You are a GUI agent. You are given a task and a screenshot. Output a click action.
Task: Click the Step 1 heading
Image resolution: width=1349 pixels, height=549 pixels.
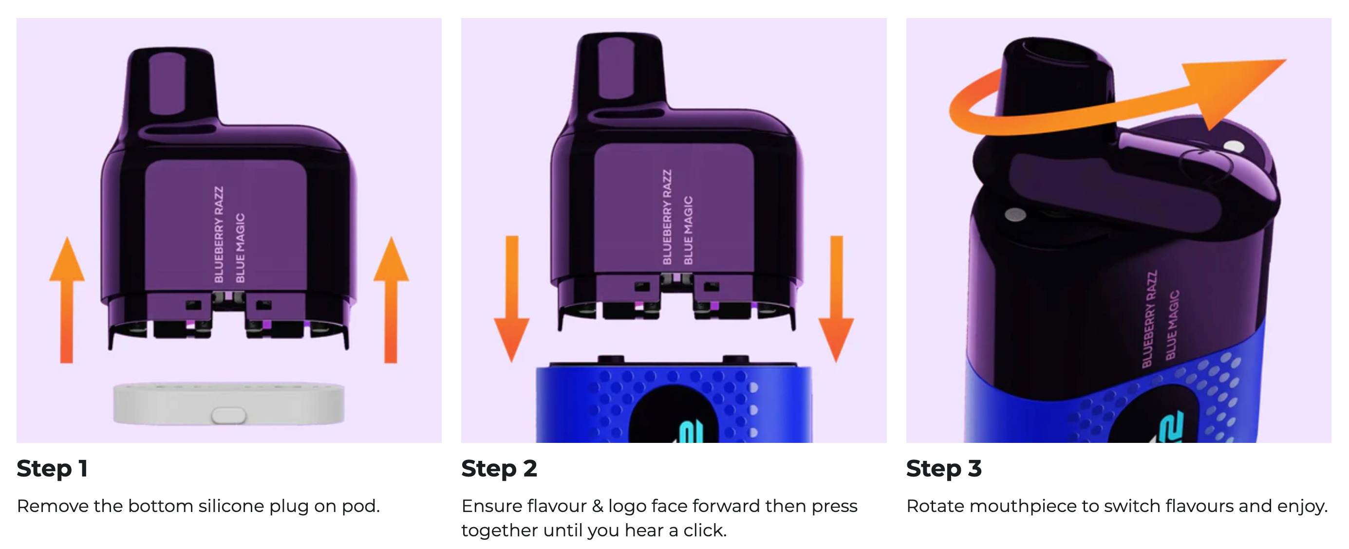point(52,468)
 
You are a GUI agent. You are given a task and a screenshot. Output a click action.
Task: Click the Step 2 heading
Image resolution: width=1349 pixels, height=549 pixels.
point(499,468)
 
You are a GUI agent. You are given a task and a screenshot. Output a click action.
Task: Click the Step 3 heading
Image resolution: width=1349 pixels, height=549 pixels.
point(944,468)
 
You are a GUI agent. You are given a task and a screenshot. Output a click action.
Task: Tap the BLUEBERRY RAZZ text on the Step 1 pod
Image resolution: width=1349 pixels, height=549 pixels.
point(219,234)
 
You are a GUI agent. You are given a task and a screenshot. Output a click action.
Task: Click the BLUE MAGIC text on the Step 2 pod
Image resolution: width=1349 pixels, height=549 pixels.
point(688,230)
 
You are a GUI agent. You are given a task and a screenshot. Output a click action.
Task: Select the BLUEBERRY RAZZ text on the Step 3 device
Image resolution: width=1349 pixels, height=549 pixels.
point(1149,319)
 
